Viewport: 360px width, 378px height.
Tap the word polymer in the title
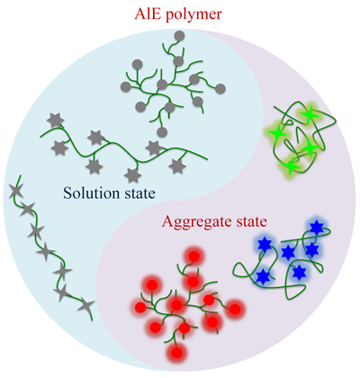[194, 15]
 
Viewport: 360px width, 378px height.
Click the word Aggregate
[198, 222]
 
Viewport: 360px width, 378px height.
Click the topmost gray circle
[179, 36]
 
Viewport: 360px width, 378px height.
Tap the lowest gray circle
[162, 132]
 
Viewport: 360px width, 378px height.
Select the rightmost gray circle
[220, 89]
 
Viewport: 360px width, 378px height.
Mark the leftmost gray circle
[126, 87]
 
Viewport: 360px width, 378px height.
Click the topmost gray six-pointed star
[56, 121]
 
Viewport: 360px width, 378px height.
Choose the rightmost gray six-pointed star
[177, 166]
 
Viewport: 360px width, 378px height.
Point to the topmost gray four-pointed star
[15, 192]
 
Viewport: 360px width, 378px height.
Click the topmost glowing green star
[308, 114]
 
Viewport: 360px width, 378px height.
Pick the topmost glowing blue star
[316, 228]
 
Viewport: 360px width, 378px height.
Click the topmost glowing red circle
[194, 256]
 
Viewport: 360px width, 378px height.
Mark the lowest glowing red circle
[177, 352]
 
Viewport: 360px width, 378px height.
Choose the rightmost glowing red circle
[235, 310]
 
